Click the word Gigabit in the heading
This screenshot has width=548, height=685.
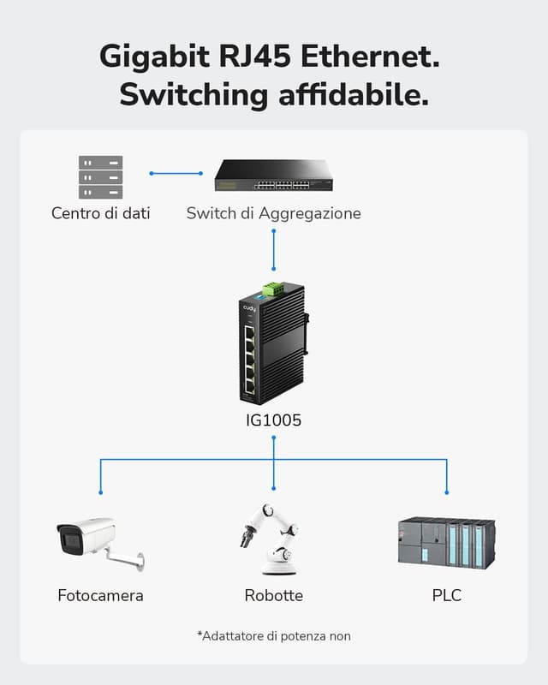pos(151,57)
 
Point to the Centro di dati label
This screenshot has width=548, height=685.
pos(100,213)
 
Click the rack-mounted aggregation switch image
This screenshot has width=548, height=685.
pos(273,175)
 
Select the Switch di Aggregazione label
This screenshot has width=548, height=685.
pos(273,213)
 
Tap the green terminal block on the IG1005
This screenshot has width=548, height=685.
pos(273,289)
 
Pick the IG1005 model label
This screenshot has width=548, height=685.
pos(273,420)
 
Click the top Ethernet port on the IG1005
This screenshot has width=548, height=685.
pos(249,331)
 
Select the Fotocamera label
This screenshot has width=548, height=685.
pos(100,595)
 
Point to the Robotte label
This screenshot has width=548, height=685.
pos(273,595)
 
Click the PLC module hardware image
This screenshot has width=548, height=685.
pos(446,543)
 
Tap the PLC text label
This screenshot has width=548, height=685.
pos(446,595)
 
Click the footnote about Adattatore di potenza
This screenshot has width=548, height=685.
pos(273,636)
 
